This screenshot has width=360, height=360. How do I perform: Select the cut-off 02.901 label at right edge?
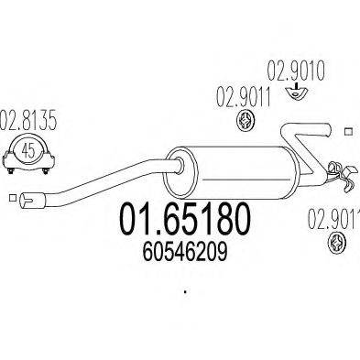tap(334, 218)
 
